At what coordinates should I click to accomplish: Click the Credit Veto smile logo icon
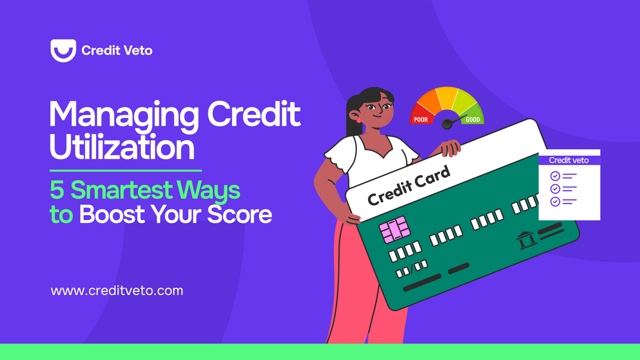(63, 51)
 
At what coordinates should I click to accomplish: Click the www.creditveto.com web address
(117, 291)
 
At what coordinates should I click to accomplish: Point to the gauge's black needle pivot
(447, 124)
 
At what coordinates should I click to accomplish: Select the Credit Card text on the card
(409, 187)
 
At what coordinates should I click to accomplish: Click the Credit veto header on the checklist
(569, 160)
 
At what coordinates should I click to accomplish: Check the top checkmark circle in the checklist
(555, 176)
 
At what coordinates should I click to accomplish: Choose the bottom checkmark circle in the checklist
(555, 202)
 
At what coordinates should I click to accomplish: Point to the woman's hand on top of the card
(450, 148)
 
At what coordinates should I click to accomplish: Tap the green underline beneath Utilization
(125, 171)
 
